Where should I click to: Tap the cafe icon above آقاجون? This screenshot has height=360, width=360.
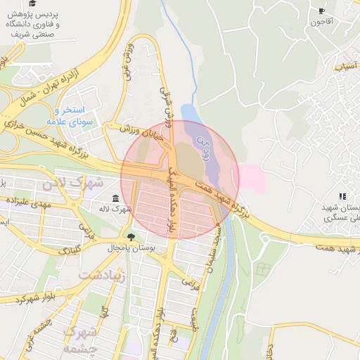pyautogui.click(x=322, y=11)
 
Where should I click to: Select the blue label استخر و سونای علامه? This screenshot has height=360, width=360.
pyautogui.click(x=70, y=115)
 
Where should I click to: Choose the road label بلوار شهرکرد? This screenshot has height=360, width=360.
pyautogui.click(x=31, y=297)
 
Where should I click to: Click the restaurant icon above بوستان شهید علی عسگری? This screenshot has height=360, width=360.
pyautogui.click(x=342, y=196)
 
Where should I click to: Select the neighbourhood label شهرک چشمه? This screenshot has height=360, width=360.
pyautogui.click(x=77, y=339)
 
